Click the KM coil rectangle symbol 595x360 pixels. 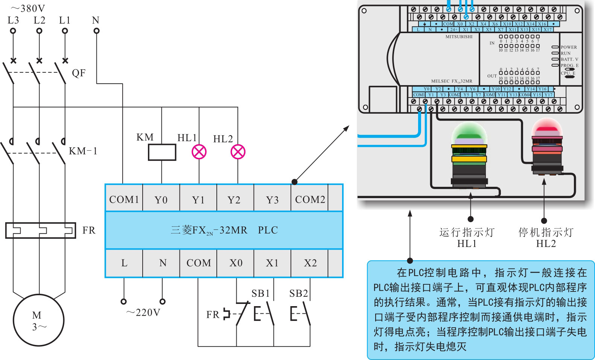[x=162, y=152]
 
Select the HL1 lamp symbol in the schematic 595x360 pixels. [x=199, y=152]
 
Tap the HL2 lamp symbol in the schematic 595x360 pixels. [x=238, y=152]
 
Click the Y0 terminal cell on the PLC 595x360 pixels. [x=161, y=200]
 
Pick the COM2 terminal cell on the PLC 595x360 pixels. [x=310, y=199]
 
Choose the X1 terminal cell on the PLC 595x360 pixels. [x=272, y=263]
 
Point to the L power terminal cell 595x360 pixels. [x=124, y=263]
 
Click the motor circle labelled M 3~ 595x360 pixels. [x=39, y=320]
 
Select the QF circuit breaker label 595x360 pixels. [x=79, y=73]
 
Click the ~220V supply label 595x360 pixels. [x=143, y=313]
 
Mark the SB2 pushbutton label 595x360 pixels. [x=298, y=293]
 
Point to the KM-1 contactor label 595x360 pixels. [x=83, y=151]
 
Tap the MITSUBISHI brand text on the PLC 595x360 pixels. [x=459, y=37]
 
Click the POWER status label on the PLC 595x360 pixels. [x=569, y=47]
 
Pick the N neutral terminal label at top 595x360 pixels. [x=96, y=20]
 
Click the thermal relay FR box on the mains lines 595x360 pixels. [x=40, y=230]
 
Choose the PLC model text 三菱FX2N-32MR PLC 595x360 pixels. [x=224, y=230]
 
